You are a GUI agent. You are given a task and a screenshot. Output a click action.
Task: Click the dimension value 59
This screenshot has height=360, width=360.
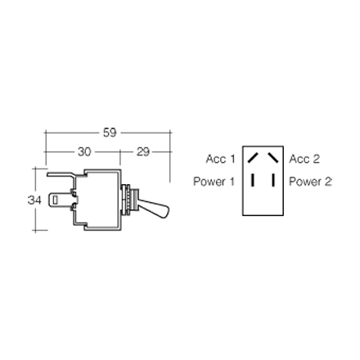pyautogui.click(x=110, y=133)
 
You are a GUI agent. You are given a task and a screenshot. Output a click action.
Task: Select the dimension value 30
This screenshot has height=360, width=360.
pyautogui.click(x=84, y=152)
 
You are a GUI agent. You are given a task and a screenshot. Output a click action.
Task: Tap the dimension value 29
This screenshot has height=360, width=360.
pyautogui.click(x=143, y=152)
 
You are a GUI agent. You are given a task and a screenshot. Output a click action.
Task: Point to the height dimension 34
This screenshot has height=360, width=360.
pyautogui.click(x=34, y=200)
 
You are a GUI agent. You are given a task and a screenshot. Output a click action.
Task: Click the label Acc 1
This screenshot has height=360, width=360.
pyautogui.click(x=220, y=159)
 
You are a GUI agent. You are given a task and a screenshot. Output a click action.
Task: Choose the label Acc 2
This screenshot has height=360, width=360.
pyautogui.click(x=304, y=159)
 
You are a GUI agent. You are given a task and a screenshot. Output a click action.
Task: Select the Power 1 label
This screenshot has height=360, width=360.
pyautogui.click(x=214, y=182)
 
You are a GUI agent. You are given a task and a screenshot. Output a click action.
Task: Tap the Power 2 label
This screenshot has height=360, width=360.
pyautogui.click(x=310, y=182)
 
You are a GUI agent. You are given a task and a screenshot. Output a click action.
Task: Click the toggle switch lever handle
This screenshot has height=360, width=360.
pyautogui.click(x=153, y=208)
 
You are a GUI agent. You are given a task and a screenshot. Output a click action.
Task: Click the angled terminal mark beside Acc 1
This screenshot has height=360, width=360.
pyautogui.click(x=253, y=158)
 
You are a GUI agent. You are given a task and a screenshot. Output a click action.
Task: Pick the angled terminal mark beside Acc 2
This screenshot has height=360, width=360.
pyautogui.click(x=272, y=158)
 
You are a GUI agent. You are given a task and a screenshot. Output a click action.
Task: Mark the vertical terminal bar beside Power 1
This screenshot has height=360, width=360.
pyautogui.click(x=253, y=181)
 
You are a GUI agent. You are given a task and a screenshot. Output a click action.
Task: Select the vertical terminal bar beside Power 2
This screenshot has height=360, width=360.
pyautogui.click(x=273, y=181)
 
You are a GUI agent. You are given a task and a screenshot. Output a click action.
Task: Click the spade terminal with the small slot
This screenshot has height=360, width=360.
pyautogui.click(x=60, y=200)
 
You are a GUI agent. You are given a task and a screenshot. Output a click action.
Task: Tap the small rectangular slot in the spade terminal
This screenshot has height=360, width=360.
pyautogui.click(x=55, y=200)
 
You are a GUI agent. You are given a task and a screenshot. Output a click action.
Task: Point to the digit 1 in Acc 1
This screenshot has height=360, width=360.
pyautogui.click(x=232, y=159)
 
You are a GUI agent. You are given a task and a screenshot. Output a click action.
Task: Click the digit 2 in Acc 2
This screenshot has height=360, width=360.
pyautogui.click(x=316, y=159)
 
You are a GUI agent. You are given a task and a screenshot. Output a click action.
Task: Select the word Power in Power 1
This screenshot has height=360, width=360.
pyautogui.click(x=209, y=182)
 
